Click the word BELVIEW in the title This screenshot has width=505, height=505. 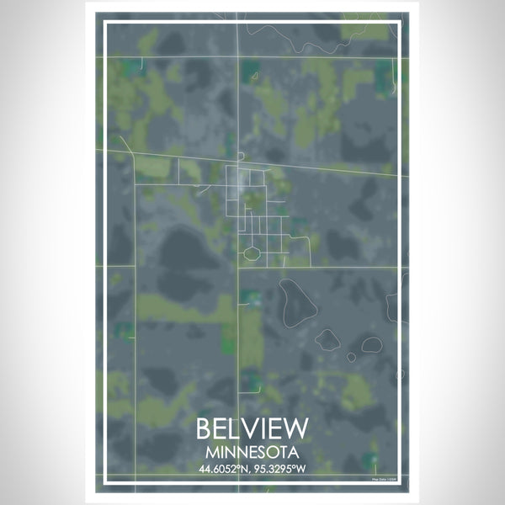click(x=252, y=428)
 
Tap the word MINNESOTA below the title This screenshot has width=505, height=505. click(x=252, y=452)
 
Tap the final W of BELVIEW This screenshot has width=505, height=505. click(x=297, y=428)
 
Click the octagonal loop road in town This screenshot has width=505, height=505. click(x=250, y=252)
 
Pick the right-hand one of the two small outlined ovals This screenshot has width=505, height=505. click(x=370, y=344)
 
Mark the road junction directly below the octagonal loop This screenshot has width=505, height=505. click(x=250, y=268)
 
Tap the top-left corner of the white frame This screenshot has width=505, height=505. click(x=104, y=23)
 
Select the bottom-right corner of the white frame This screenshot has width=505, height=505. click(x=400, y=483)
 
